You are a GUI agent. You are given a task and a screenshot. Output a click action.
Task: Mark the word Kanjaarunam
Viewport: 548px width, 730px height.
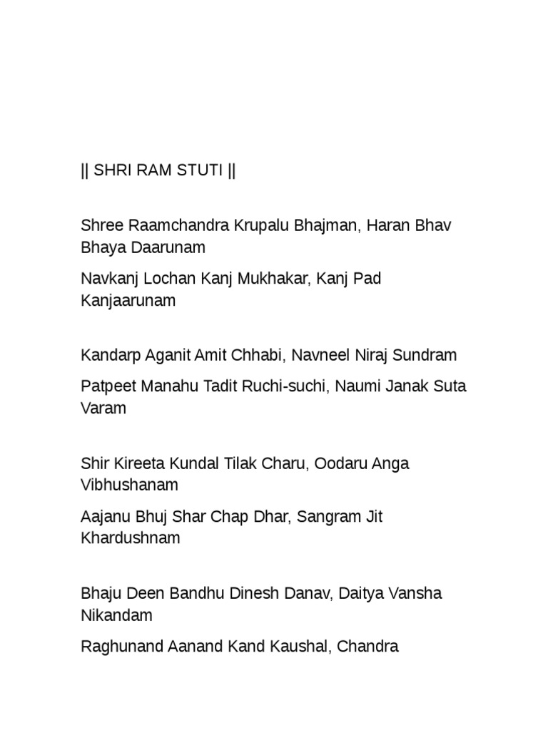click(128, 302)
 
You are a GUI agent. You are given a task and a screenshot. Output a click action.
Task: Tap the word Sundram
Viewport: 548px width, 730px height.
click(426, 355)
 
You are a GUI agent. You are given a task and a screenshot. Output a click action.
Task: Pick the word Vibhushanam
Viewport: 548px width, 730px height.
click(130, 485)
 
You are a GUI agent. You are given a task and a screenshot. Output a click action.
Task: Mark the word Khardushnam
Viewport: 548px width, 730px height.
click(131, 539)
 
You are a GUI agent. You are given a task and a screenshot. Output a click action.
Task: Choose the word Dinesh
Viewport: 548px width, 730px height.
click(255, 593)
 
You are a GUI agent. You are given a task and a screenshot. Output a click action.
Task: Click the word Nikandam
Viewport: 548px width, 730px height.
click(116, 615)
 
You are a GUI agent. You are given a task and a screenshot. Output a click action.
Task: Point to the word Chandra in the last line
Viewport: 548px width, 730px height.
click(367, 647)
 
